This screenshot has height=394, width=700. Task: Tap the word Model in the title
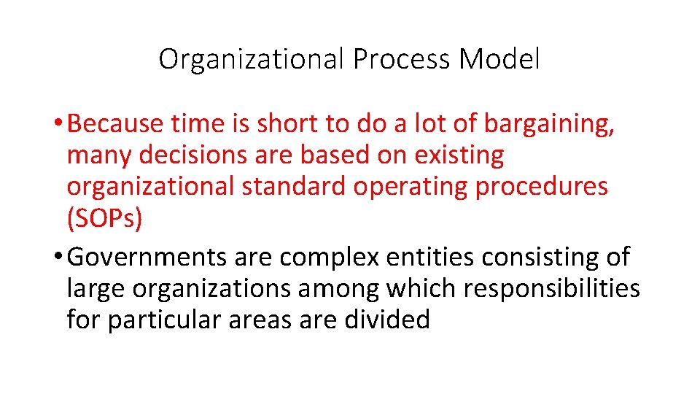[499, 58]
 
